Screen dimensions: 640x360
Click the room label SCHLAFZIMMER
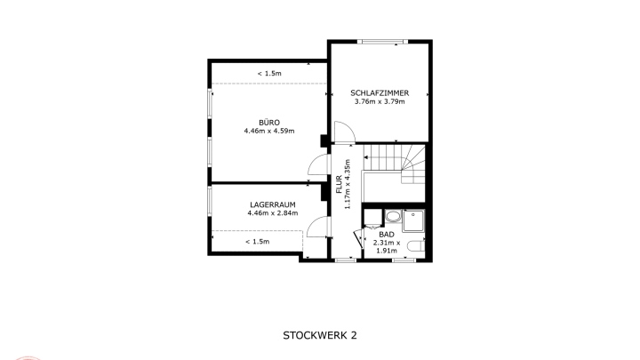(x=380, y=93)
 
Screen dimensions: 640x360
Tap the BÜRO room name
(x=269, y=123)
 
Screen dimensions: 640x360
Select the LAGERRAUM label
(x=273, y=205)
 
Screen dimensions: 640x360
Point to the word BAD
(x=387, y=235)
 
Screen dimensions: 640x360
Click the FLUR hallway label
(x=339, y=184)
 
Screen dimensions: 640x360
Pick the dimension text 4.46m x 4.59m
(x=269, y=131)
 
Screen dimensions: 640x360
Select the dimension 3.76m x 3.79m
(x=380, y=101)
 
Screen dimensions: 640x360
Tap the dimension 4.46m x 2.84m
(x=273, y=213)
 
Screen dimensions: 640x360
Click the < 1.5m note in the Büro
(x=269, y=74)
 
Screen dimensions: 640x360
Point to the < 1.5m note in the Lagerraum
(x=258, y=242)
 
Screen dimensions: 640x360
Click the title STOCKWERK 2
(x=320, y=335)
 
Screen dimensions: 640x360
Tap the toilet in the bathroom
(x=416, y=246)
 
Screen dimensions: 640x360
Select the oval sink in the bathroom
(x=393, y=216)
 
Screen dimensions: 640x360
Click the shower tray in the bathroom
(x=413, y=220)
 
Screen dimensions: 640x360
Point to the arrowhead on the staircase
(x=366, y=157)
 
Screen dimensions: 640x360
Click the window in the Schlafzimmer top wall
(x=382, y=42)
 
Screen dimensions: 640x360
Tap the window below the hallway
(x=346, y=260)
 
